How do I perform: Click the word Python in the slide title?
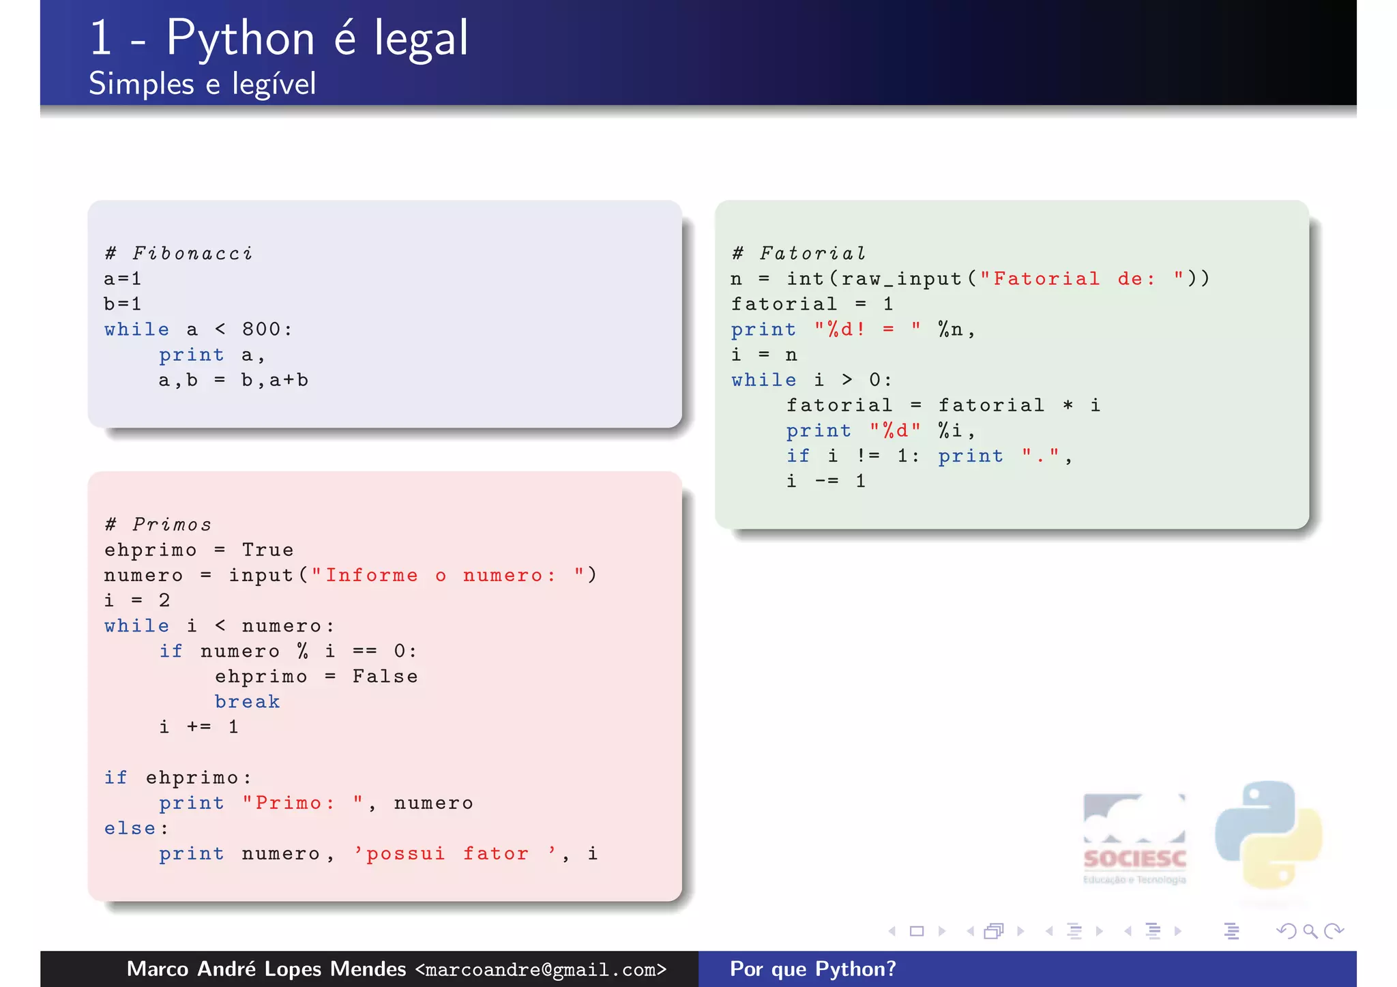pos(240,39)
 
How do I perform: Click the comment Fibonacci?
pos(192,254)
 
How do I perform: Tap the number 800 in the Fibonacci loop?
pos(261,329)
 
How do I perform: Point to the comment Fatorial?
pos(812,254)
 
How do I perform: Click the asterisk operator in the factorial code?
pos(1068,405)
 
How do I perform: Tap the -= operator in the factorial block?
pos(826,482)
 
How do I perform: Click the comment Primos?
pos(172,525)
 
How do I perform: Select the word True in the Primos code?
pos(267,550)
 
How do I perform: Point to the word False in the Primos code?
pos(385,677)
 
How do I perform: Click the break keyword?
pos(247,702)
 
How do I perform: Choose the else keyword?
pos(130,829)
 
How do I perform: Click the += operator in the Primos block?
pos(198,727)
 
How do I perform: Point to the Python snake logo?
pos(1268,835)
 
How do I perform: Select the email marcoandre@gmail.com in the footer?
pos(540,969)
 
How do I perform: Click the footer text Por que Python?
pos(812,969)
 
